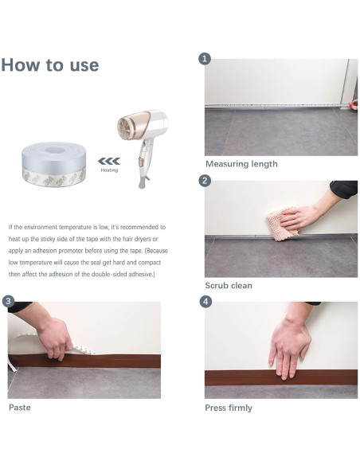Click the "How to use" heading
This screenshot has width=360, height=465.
click(x=50, y=65)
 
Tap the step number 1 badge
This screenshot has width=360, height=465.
click(x=205, y=58)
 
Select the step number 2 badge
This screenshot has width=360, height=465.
click(x=205, y=180)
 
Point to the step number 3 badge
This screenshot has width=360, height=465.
click(x=8, y=301)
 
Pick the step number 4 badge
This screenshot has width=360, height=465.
click(x=205, y=302)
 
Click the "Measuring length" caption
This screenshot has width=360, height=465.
click(x=241, y=164)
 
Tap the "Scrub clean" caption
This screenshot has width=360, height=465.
click(x=229, y=286)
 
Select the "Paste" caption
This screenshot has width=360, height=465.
click(x=20, y=407)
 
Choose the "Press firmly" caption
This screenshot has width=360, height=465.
click(x=229, y=408)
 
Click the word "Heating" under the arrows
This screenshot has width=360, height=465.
click(x=109, y=170)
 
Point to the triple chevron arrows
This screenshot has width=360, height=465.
click(x=109, y=161)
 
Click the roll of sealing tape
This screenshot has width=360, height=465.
click(x=54, y=164)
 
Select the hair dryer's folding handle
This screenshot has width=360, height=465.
click(x=144, y=163)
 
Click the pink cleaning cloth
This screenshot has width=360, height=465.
click(x=282, y=225)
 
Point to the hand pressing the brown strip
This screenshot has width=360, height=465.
click(x=289, y=346)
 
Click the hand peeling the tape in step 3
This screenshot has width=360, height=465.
click(x=55, y=338)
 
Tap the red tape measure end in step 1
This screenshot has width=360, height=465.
click(x=354, y=104)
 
